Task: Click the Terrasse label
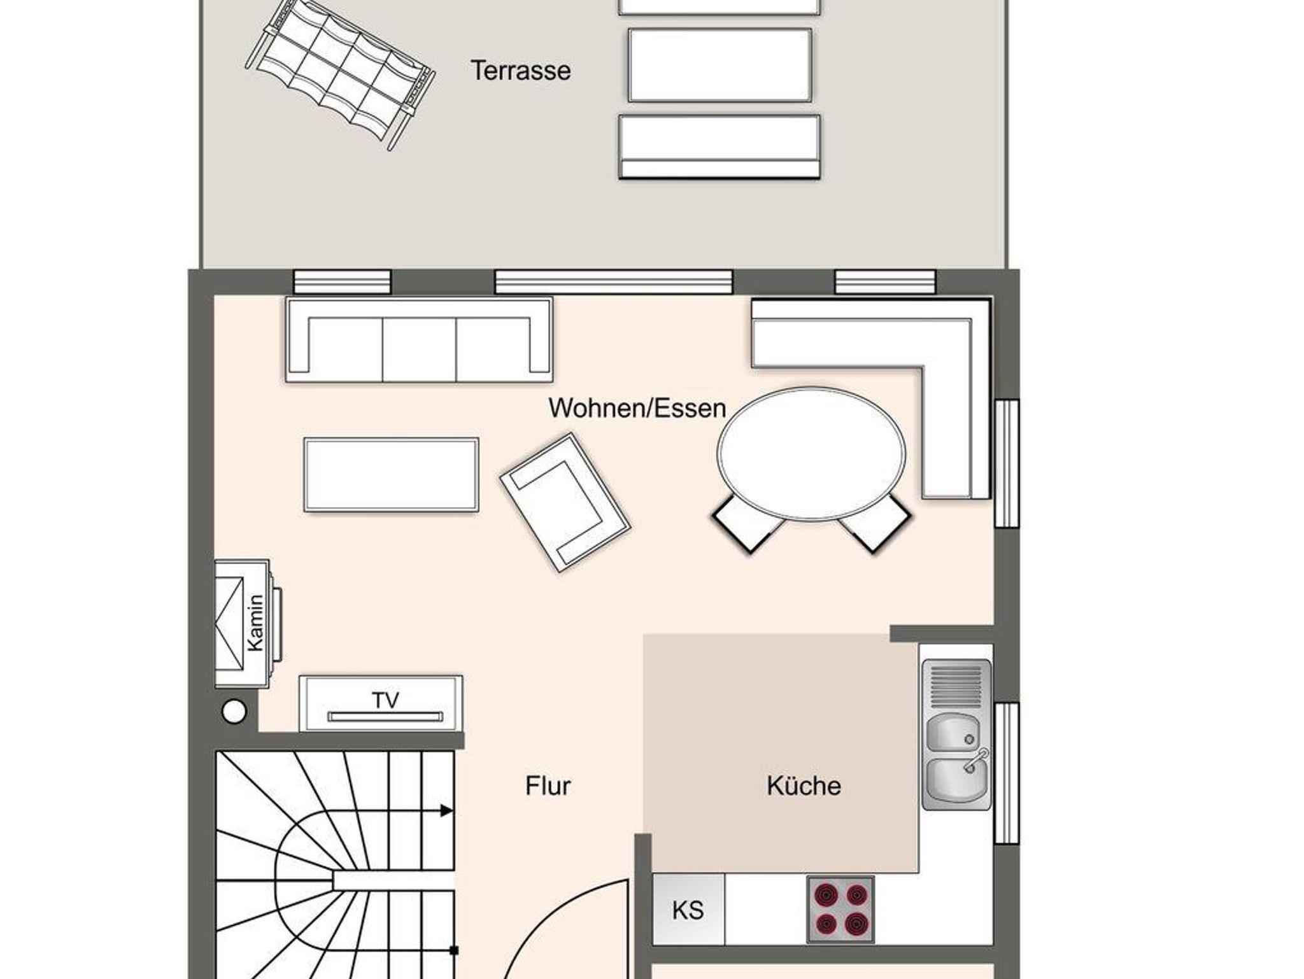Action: coord(521,71)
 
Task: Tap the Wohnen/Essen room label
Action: coord(637,408)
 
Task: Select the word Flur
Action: coord(548,786)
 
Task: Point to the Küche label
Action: coord(804,786)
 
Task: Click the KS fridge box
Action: coord(688,910)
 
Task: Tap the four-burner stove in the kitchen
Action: coord(840,910)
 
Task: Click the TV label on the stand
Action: coord(385,700)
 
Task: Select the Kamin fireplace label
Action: coord(255,623)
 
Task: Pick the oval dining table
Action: coord(811,453)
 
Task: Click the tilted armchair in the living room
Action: coord(565,502)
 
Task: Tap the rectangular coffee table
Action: coord(392,474)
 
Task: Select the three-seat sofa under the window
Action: coord(419,340)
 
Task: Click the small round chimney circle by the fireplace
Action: coord(234,711)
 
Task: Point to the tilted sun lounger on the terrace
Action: coord(341,76)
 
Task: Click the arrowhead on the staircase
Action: coord(447,811)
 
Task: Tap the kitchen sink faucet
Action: coord(977,760)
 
